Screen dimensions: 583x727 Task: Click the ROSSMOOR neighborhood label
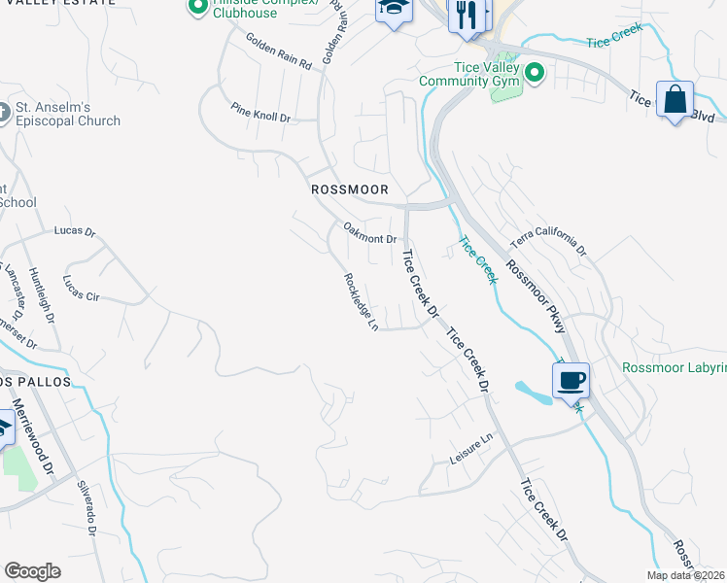[x=350, y=189]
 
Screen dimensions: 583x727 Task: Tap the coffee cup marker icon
[x=571, y=380]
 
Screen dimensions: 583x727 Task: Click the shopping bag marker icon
[x=675, y=99]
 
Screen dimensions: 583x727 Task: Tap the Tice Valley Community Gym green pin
[x=534, y=73]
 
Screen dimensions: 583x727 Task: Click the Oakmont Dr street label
[x=370, y=233]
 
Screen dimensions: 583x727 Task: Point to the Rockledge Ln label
[x=361, y=301]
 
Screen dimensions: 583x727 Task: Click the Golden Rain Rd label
[x=278, y=51]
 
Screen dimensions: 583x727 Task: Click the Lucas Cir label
[x=81, y=287]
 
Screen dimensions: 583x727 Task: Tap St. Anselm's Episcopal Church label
[x=67, y=115]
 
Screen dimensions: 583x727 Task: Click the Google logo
[x=32, y=571]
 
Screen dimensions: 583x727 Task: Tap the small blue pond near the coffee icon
[x=532, y=393]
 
